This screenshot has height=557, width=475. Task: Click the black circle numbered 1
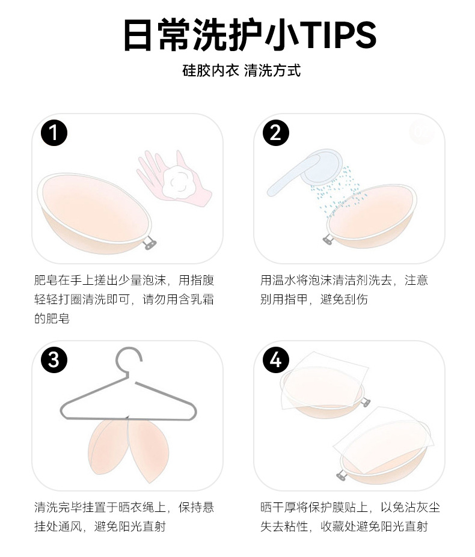(x=54, y=133)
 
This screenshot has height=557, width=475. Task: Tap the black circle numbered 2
(x=276, y=133)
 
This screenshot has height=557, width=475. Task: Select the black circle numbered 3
(x=54, y=360)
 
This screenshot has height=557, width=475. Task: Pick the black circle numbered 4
(x=276, y=360)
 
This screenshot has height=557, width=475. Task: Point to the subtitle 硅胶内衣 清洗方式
(x=242, y=70)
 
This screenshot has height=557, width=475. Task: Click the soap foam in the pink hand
(x=178, y=182)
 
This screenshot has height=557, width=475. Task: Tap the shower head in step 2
(x=305, y=172)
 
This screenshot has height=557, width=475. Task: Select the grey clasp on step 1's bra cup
(x=150, y=243)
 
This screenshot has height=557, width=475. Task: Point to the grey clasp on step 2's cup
(x=328, y=240)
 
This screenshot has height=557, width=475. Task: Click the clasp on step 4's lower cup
(x=342, y=475)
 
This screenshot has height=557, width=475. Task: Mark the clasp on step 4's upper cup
(x=365, y=403)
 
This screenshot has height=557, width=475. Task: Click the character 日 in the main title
(x=139, y=35)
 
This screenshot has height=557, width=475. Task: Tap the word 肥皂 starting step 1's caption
(x=46, y=280)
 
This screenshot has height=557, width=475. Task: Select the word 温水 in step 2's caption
(x=284, y=280)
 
